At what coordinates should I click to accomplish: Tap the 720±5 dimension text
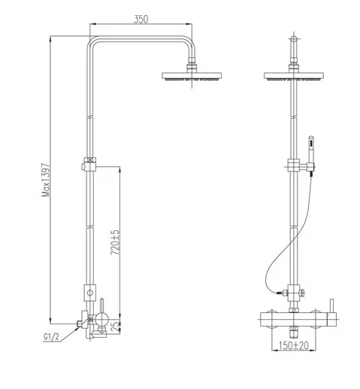click(115, 242)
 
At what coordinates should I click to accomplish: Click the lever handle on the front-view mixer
click(328, 305)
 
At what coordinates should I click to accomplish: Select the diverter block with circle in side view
click(90, 291)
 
